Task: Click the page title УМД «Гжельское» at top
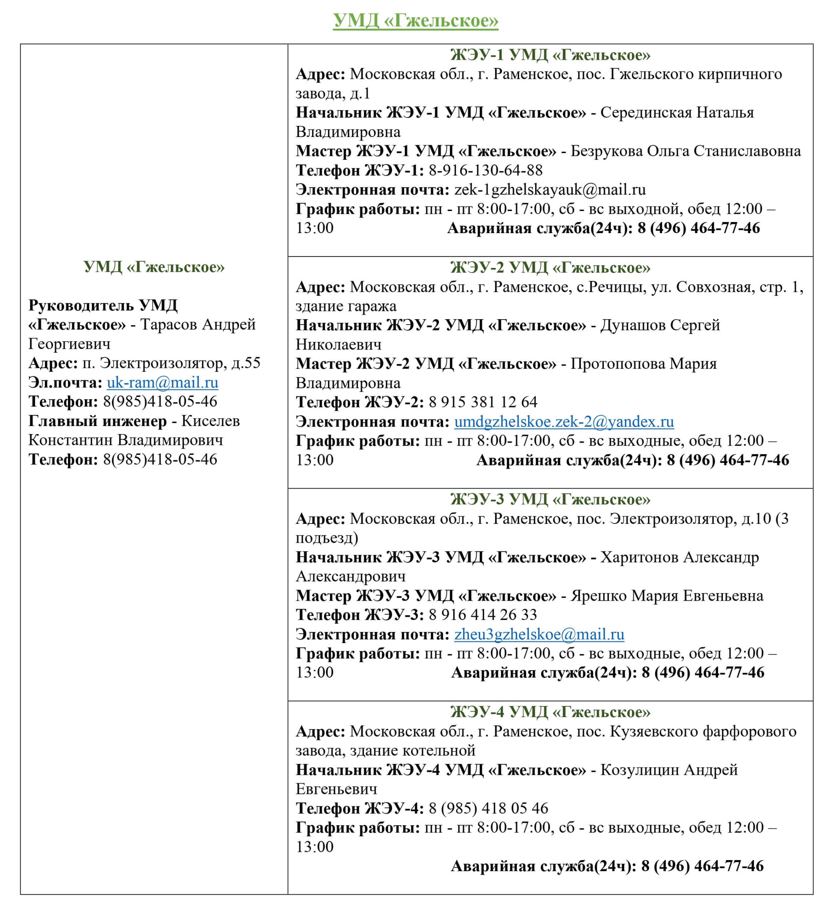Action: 415,21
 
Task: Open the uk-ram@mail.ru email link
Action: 162,383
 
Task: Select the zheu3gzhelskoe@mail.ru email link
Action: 539,634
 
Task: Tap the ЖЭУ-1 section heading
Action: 550,55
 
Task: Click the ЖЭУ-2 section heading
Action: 550,268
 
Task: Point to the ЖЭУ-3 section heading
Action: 550,499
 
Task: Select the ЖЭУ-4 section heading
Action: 550,712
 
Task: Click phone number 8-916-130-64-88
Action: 485,170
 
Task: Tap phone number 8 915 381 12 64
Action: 482,402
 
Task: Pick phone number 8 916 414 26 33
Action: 482,615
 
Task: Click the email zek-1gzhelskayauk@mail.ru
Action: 550,190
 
